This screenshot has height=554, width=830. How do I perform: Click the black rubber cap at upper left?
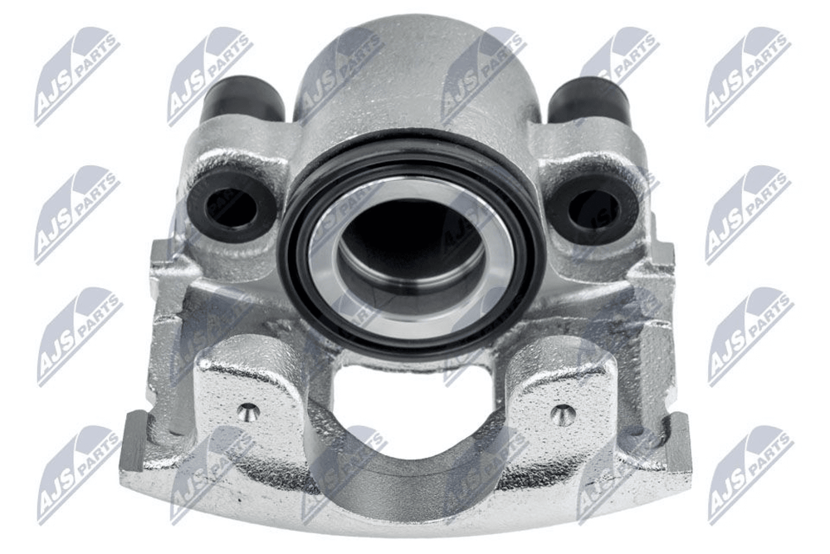coord(242,101)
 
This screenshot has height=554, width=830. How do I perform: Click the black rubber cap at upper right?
coord(588,101)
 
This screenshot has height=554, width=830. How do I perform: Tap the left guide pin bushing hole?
coord(231,208)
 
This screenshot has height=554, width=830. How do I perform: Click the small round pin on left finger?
coord(247,411)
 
